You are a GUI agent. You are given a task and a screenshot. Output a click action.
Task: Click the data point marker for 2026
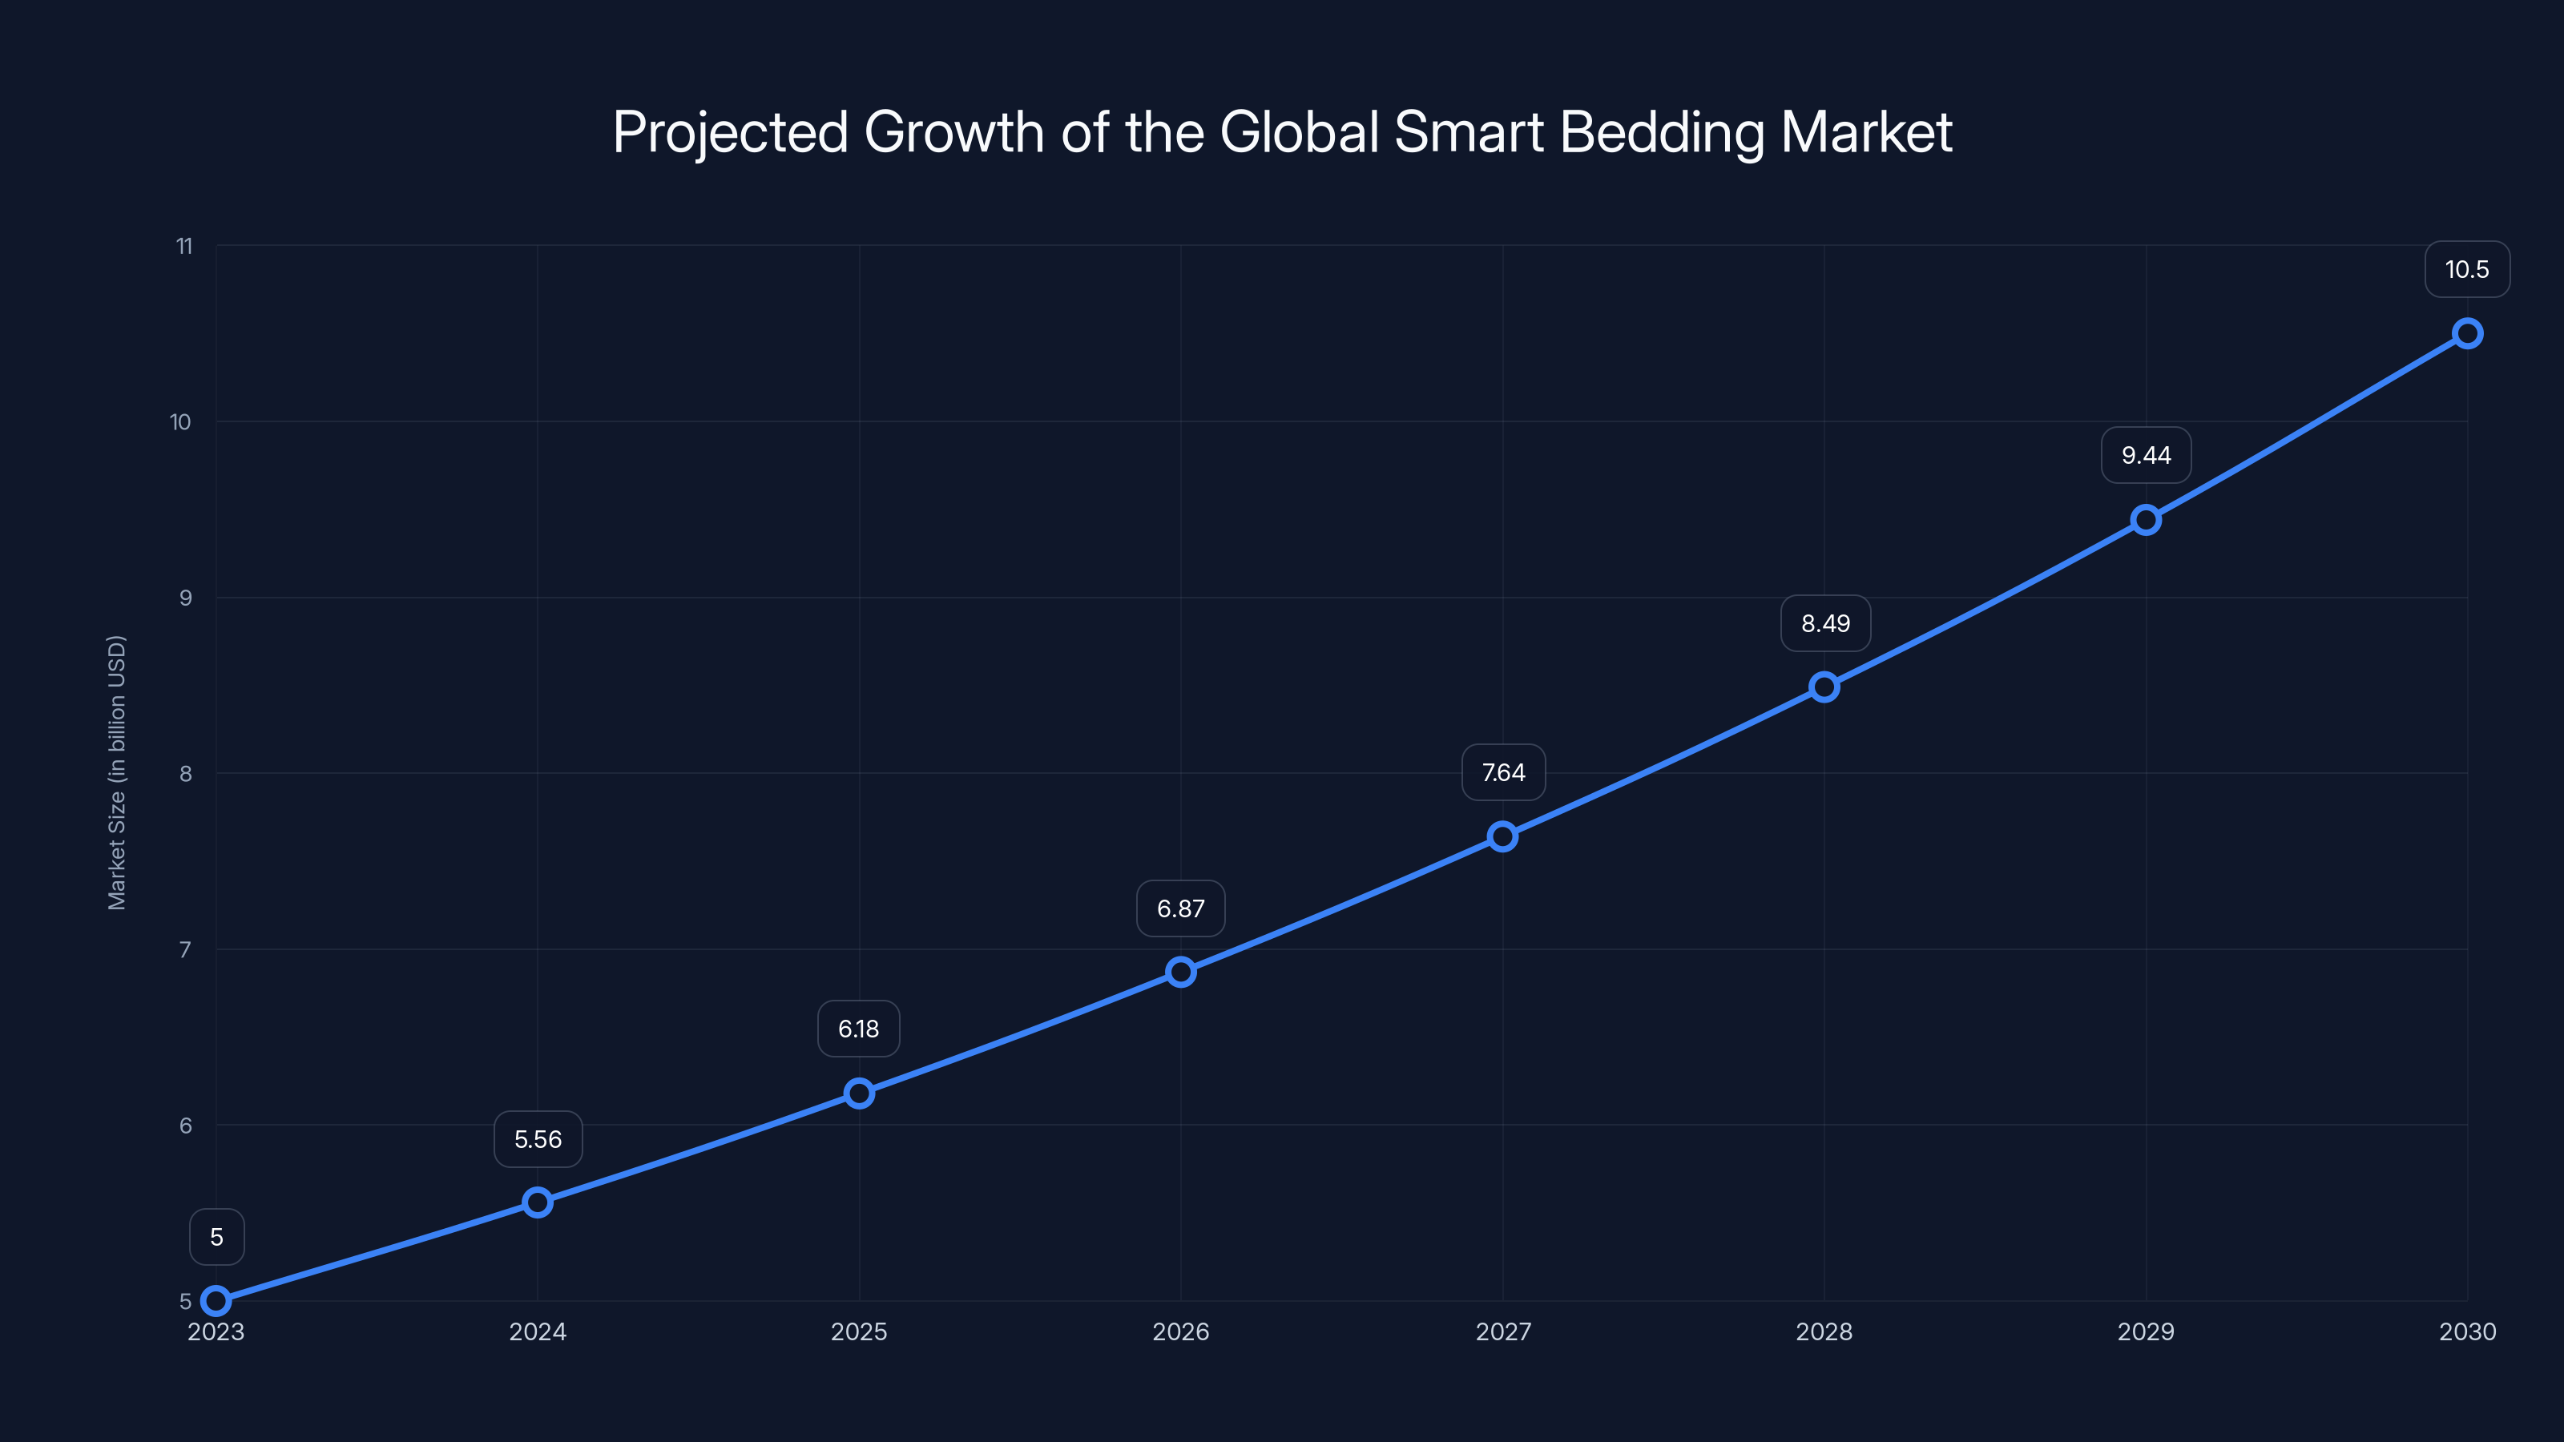[x=1180, y=971]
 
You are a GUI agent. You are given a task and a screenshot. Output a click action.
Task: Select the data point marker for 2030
[x=2466, y=333]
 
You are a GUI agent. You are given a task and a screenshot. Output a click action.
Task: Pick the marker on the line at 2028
[x=1824, y=687]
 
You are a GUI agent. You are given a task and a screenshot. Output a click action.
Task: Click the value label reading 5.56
[x=538, y=1138]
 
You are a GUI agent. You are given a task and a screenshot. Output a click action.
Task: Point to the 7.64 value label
[x=1503, y=772]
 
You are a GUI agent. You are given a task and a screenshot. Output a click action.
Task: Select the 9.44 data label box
[x=2145, y=455]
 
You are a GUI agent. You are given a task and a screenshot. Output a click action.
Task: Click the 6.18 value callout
[x=858, y=1028]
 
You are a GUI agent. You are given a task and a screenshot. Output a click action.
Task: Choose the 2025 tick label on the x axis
[x=858, y=1331]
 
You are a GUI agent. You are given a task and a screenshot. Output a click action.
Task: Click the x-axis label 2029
[x=2145, y=1331]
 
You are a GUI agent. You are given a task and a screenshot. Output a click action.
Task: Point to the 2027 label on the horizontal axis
[x=1503, y=1331]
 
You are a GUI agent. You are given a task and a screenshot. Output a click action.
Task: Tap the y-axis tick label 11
[x=184, y=246]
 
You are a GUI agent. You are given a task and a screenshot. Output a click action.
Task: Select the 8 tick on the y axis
[x=185, y=773]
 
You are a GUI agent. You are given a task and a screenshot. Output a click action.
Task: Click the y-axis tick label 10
[x=180, y=422]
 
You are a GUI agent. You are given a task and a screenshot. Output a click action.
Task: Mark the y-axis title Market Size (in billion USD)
[x=116, y=772]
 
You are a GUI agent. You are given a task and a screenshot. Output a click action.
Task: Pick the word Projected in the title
[x=730, y=132]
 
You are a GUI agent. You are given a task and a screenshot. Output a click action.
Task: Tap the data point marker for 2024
[x=538, y=1202]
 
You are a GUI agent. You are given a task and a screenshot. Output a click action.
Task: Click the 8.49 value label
[x=1824, y=623]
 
